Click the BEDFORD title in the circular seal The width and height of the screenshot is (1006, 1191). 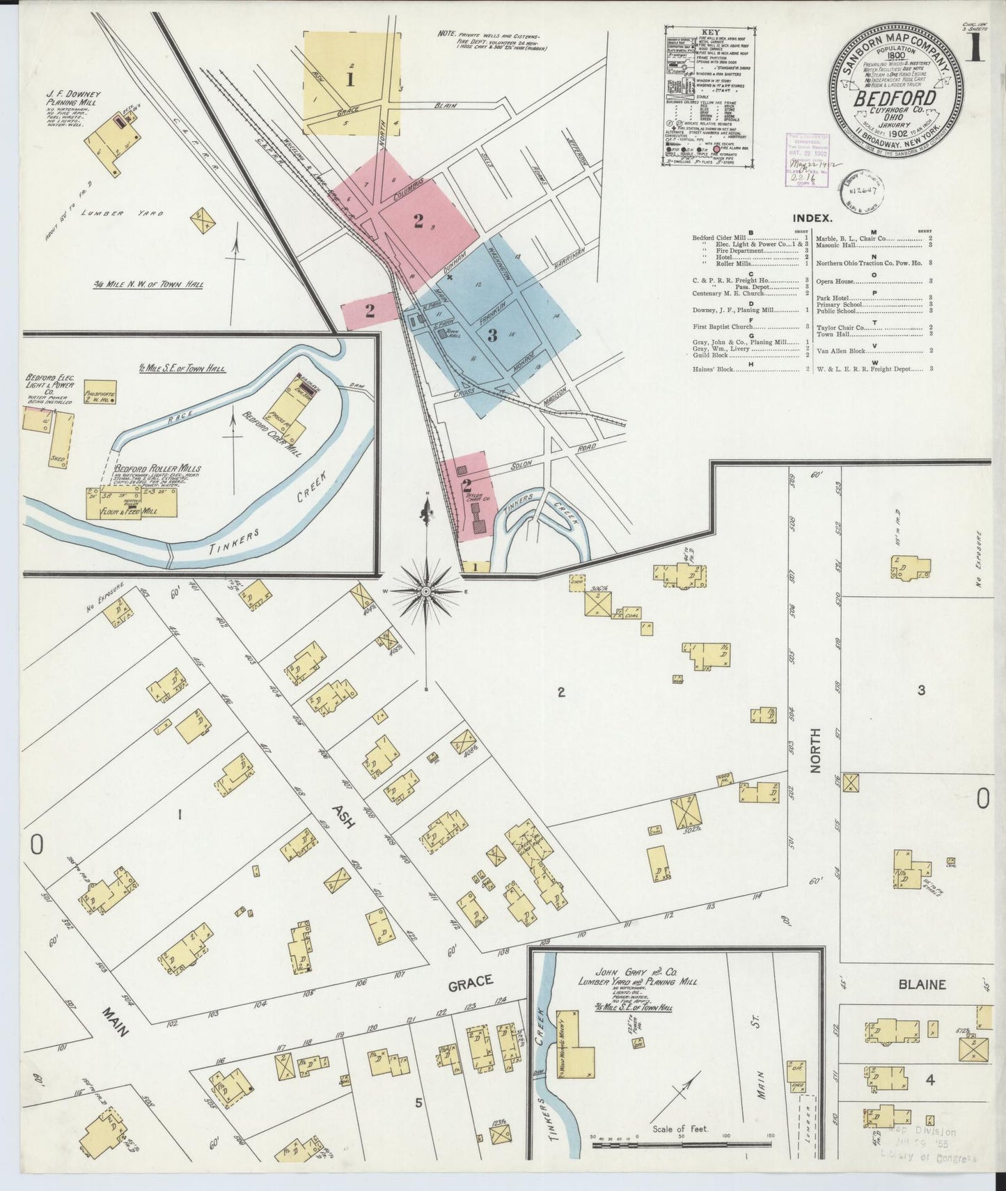pyautogui.click(x=895, y=98)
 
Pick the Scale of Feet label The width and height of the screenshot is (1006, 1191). pyautogui.click(x=680, y=1129)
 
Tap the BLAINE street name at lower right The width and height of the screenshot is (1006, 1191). pyautogui.click(x=922, y=985)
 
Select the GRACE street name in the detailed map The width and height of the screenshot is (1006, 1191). pyautogui.click(x=471, y=981)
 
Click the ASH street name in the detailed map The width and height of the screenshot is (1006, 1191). pyautogui.click(x=343, y=816)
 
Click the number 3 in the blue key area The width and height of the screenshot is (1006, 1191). pyautogui.click(x=492, y=336)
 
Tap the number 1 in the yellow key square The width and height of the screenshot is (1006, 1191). pyautogui.click(x=350, y=79)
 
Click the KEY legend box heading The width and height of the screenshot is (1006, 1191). pyautogui.click(x=710, y=32)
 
